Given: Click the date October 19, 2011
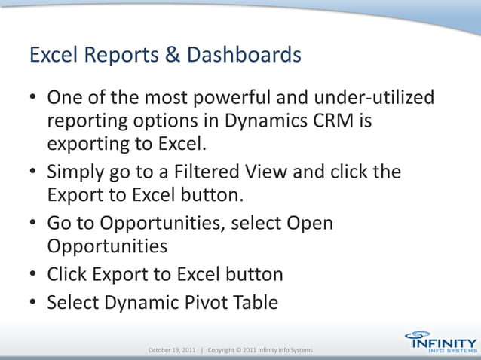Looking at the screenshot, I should pyautogui.click(x=171, y=351).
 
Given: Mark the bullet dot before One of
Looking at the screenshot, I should pyautogui.click(x=35, y=99).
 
